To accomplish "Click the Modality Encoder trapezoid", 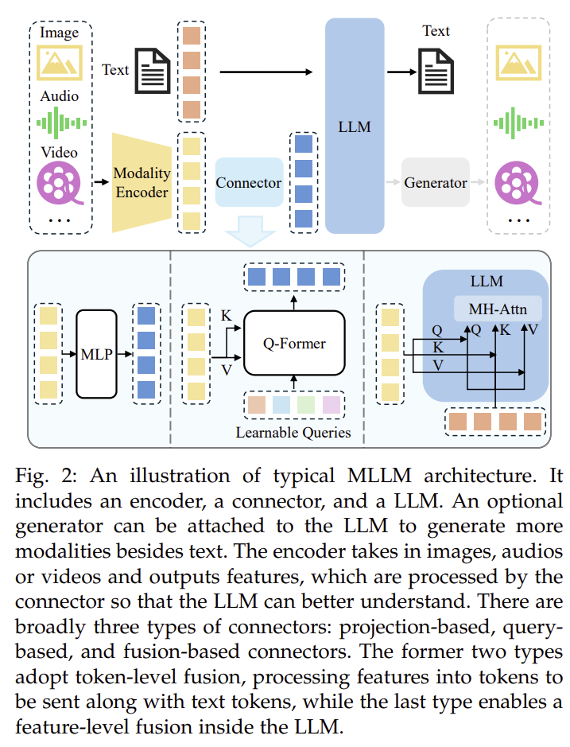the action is [x=142, y=182].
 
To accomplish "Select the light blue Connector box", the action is [x=249, y=182].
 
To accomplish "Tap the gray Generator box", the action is [x=435, y=182].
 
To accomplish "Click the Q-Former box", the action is [x=294, y=343].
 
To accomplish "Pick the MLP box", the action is [x=97, y=354].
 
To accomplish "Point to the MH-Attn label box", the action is [x=498, y=309].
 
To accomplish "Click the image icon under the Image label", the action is [x=60, y=63].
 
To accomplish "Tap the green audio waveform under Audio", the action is [x=61, y=123].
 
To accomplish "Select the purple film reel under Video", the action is [x=60, y=183].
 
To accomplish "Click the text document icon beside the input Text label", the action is [x=153, y=71].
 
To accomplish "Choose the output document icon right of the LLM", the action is [x=436, y=71].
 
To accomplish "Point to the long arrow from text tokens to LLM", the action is [x=266, y=72].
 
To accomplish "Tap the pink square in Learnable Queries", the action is [x=332, y=405].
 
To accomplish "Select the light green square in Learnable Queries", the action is [x=306, y=405].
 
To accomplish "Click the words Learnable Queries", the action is [x=293, y=433].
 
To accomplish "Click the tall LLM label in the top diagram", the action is [x=355, y=126].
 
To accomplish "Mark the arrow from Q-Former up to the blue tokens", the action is [x=294, y=303].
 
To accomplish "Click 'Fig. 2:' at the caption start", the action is [x=45, y=476].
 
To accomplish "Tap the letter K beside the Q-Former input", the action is [x=227, y=315].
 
